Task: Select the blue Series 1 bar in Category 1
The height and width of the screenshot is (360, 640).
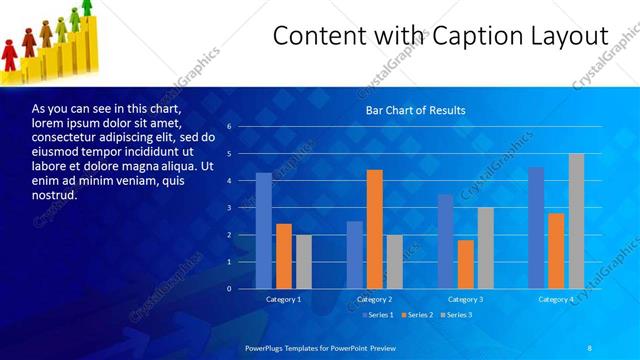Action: [x=264, y=231]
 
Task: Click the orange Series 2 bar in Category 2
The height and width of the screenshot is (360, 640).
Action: [x=375, y=229]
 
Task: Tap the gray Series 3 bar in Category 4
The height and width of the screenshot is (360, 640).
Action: [x=576, y=221]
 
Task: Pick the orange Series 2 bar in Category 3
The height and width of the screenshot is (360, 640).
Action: [x=465, y=264]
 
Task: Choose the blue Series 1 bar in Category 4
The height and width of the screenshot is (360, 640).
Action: [x=536, y=228]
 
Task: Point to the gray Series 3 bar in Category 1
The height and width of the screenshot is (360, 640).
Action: [x=304, y=262]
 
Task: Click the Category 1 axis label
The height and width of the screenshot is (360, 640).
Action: [x=283, y=299]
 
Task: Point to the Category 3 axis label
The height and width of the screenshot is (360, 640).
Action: [x=465, y=299]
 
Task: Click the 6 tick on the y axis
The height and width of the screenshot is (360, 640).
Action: [x=229, y=127]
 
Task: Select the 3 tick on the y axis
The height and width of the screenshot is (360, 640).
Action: [x=229, y=208]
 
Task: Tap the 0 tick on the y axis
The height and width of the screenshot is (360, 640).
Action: [x=229, y=289]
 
